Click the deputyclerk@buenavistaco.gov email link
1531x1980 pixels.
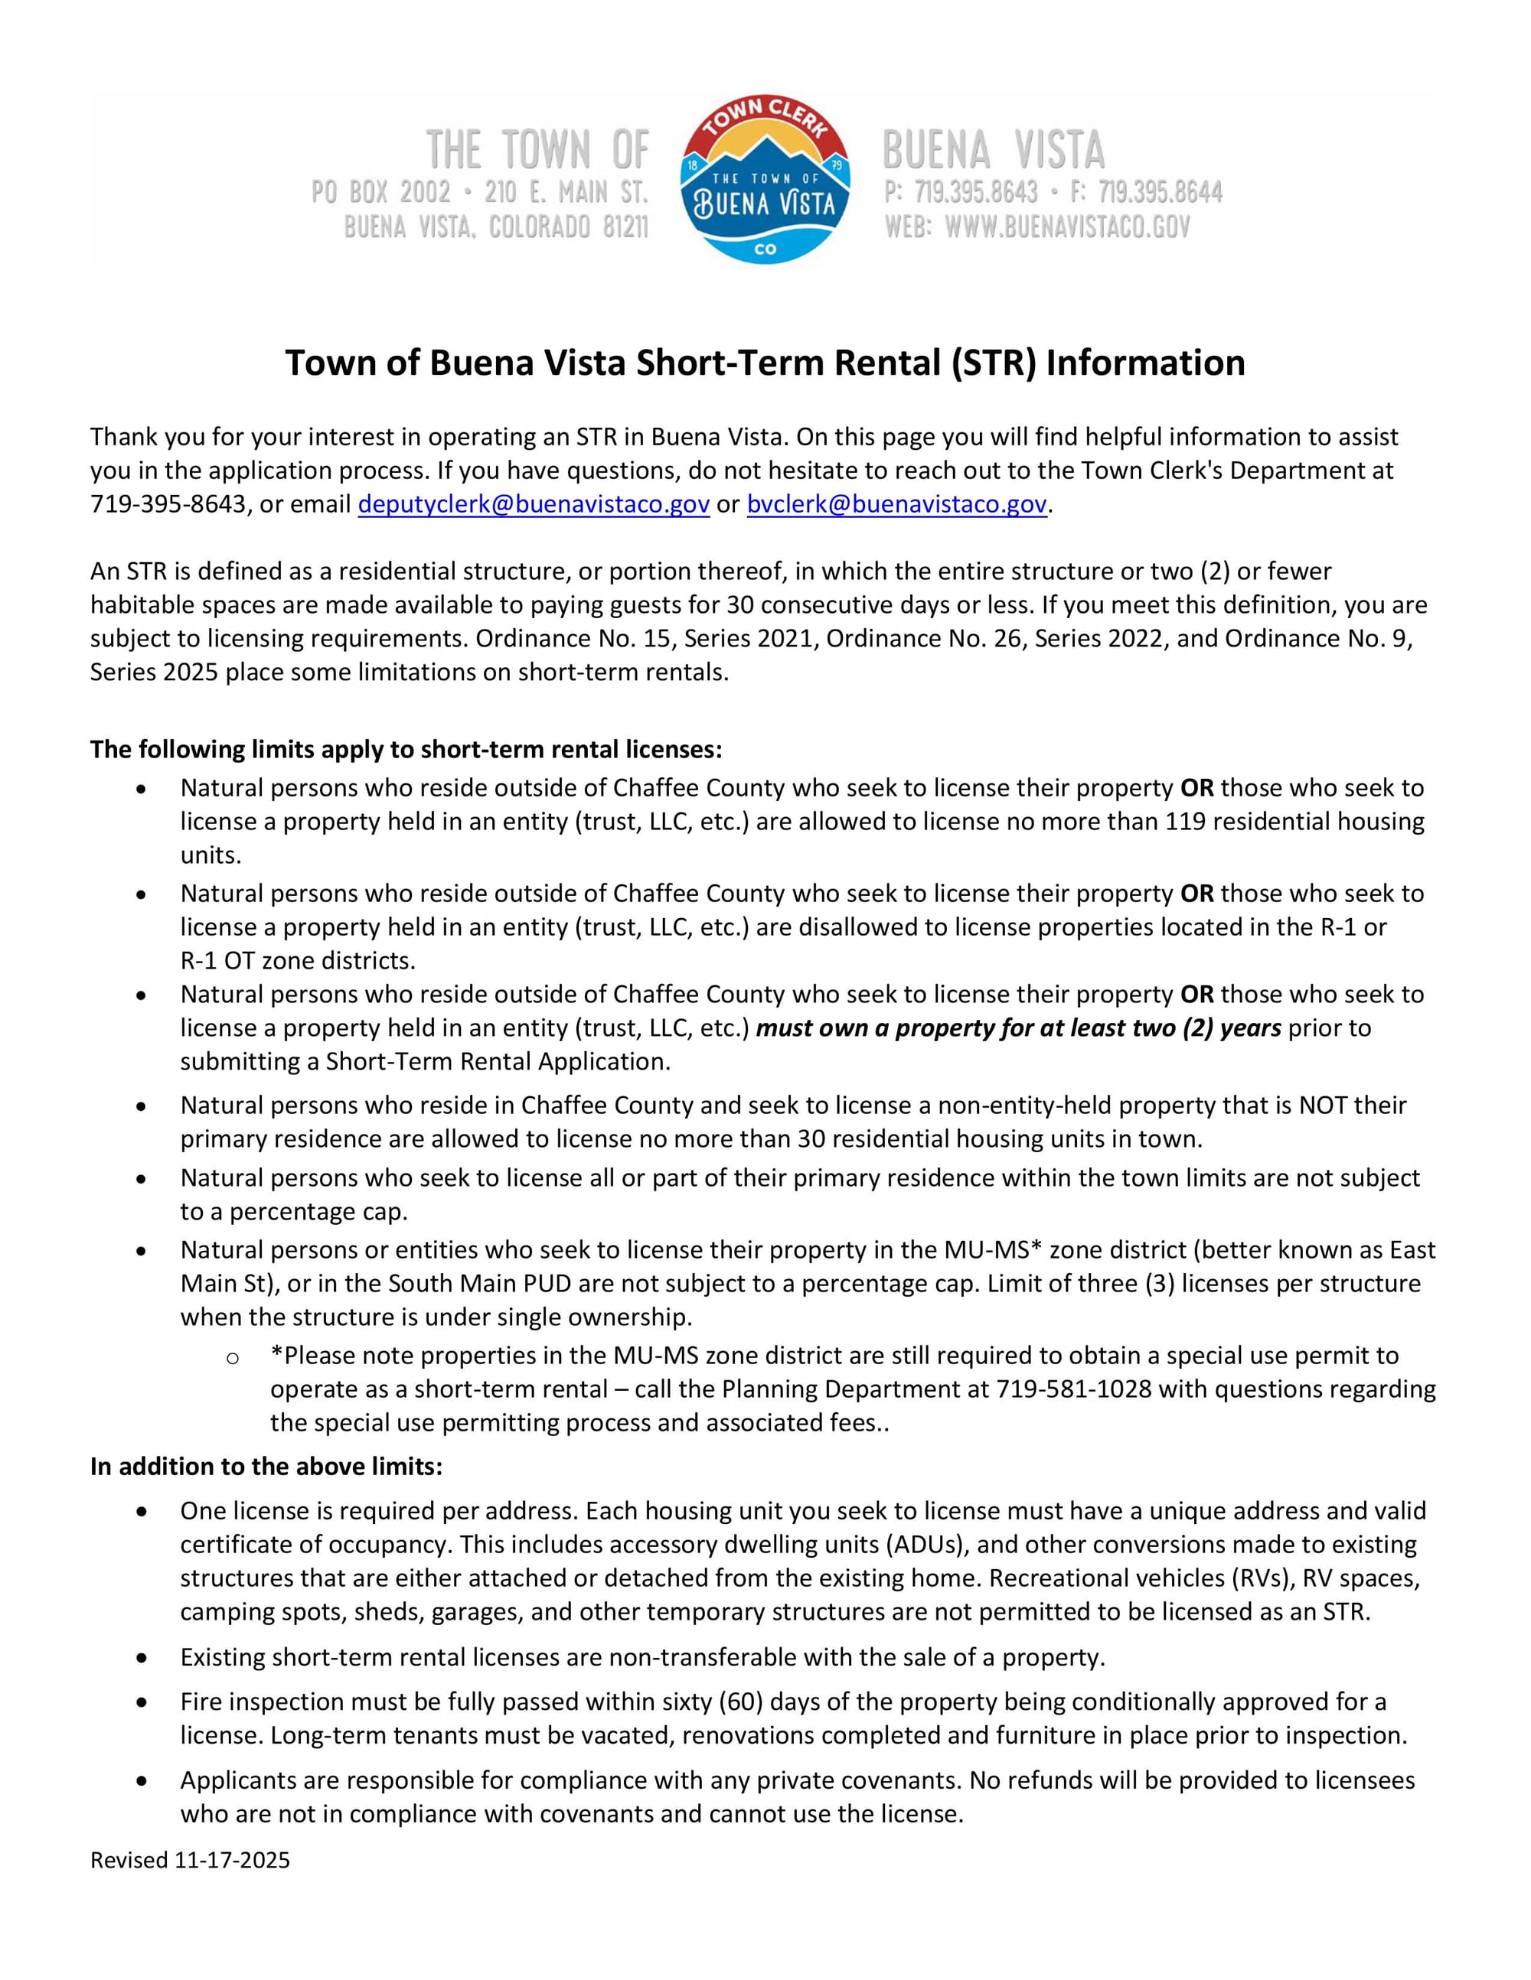coord(534,504)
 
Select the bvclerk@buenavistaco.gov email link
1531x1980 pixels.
coord(896,504)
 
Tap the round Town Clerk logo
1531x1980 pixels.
coord(765,178)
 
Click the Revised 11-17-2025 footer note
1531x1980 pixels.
coord(190,1861)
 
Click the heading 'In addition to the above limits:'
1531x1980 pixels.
coord(266,1466)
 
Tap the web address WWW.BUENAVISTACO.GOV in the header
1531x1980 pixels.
coord(1066,226)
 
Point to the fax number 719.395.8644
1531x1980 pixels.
coord(1160,192)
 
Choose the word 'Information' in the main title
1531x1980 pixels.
coord(1144,363)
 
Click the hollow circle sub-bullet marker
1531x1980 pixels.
coord(232,1357)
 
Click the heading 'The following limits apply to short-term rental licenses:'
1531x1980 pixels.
coord(406,750)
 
